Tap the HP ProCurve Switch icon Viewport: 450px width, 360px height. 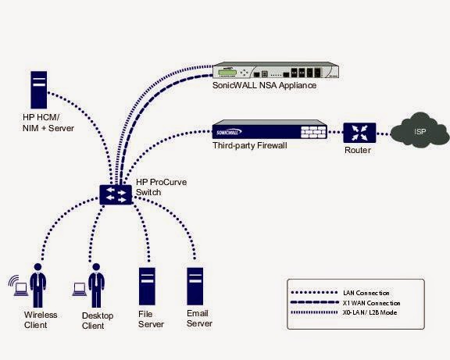coord(117,193)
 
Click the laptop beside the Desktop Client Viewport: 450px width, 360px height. coord(78,287)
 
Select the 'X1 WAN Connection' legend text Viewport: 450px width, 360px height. coord(373,302)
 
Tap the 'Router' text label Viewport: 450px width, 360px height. coord(357,150)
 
